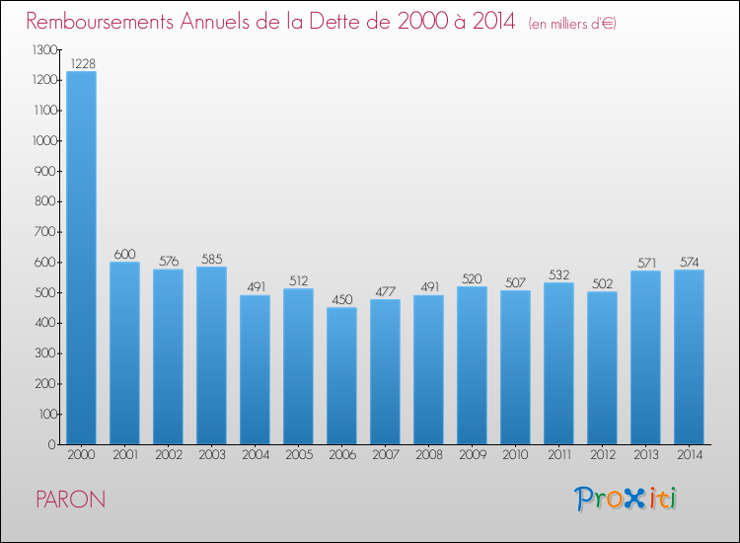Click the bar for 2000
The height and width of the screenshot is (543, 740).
click(x=81, y=258)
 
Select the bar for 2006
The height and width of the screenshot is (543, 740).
click(x=341, y=376)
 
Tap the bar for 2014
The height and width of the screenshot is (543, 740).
click(x=689, y=357)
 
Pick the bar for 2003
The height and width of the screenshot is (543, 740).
click(x=211, y=355)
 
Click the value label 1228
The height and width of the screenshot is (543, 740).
click(x=81, y=63)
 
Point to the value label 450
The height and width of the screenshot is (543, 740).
click(x=341, y=299)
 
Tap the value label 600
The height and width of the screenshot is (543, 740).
click(x=124, y=254)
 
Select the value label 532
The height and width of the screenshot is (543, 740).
click(x=558, y=274)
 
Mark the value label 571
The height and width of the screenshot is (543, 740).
click(x=645, y=263)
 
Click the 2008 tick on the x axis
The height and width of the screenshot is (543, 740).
click(x=428, y=455)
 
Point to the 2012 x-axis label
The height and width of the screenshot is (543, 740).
click(x=602, y=455)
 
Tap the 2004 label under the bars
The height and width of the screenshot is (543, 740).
click(x=255, y=455)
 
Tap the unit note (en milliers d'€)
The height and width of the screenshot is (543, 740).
click(x=558, y=23)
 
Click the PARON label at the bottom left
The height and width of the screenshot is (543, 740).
click(x=70, y=500)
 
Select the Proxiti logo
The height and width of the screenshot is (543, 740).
click(x=626, y=499)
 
